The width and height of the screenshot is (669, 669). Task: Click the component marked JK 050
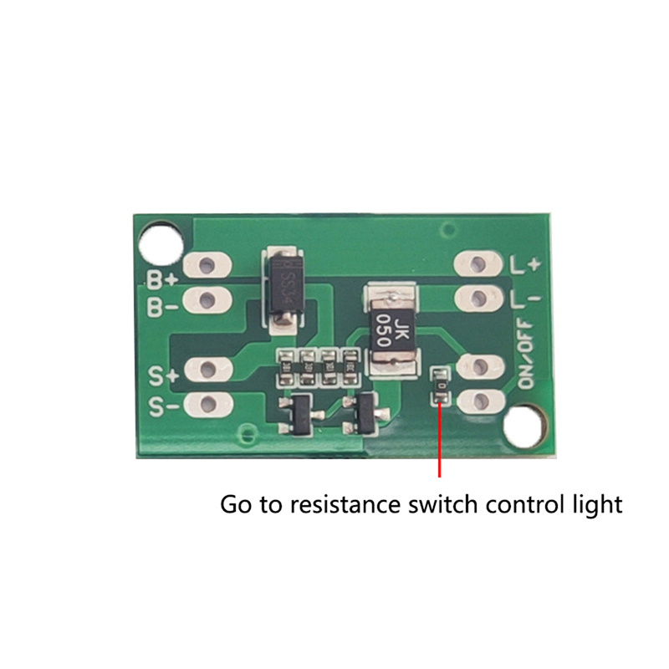pos(391,327)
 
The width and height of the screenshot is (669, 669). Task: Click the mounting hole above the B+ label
pos(160,241)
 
